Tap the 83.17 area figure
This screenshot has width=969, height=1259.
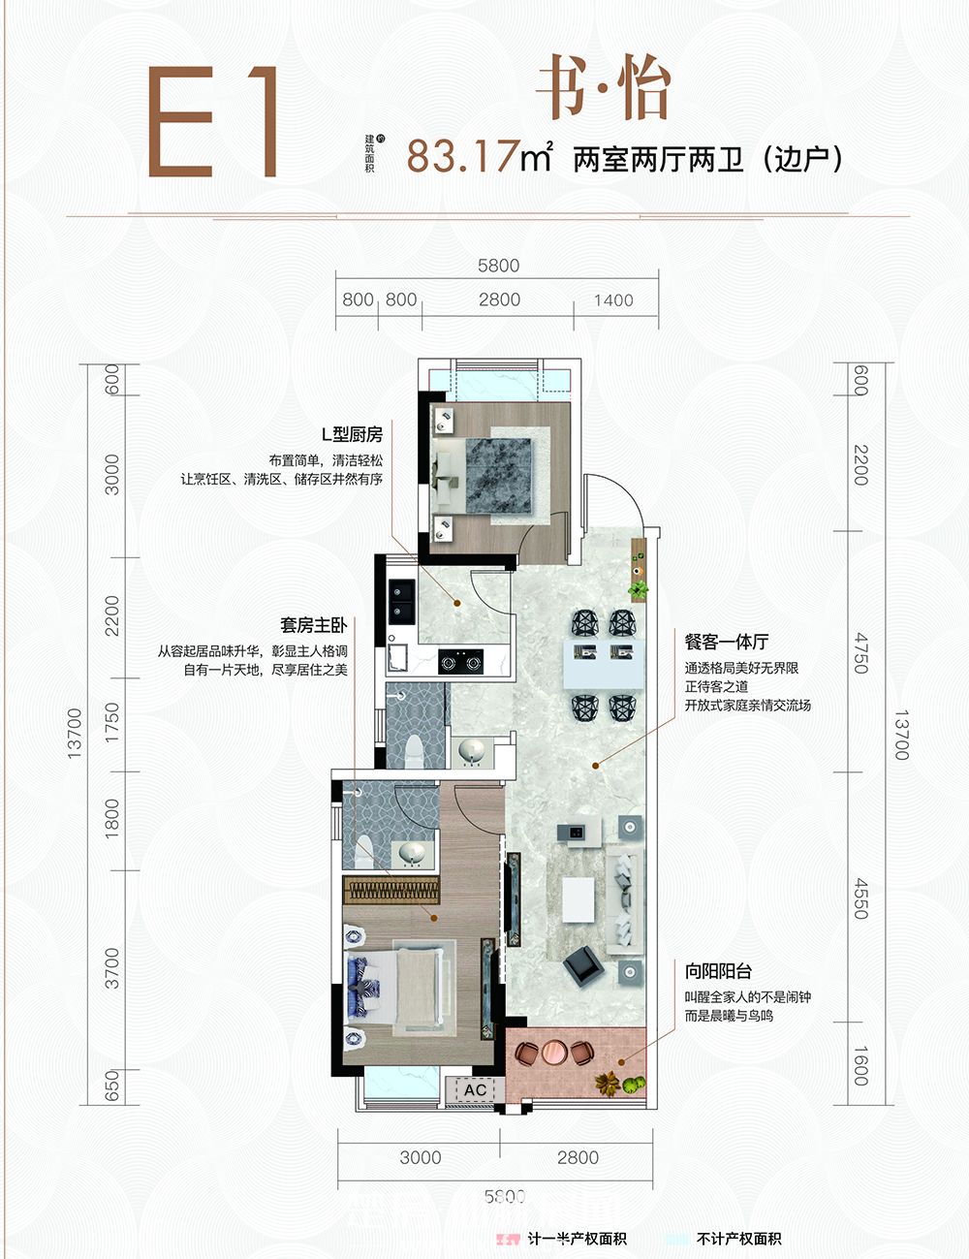click(x=463, y=156)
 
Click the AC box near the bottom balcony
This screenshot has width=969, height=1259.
click(x=475, y=1090)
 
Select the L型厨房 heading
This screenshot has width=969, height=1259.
click(x=352, y=435)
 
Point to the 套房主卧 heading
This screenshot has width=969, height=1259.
click(x=313, y=626)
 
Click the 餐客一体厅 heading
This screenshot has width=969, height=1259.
click(x=727, y=642)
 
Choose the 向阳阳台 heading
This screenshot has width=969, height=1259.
click(x=718, y=971)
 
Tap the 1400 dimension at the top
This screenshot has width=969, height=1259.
click(x=613, y=300)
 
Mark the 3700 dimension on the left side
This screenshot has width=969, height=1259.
click(x=112, y=968)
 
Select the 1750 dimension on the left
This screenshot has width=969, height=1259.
click(x=112, y=723)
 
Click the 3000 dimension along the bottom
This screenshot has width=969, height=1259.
click(x=420, y=1157)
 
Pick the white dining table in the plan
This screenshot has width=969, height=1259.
click(x=604, y=664)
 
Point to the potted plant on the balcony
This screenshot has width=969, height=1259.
click(x=609, y=1084)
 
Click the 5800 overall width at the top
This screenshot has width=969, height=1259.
click(x=498, y=266)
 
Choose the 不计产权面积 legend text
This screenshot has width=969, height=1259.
click(x=738, y=1239)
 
